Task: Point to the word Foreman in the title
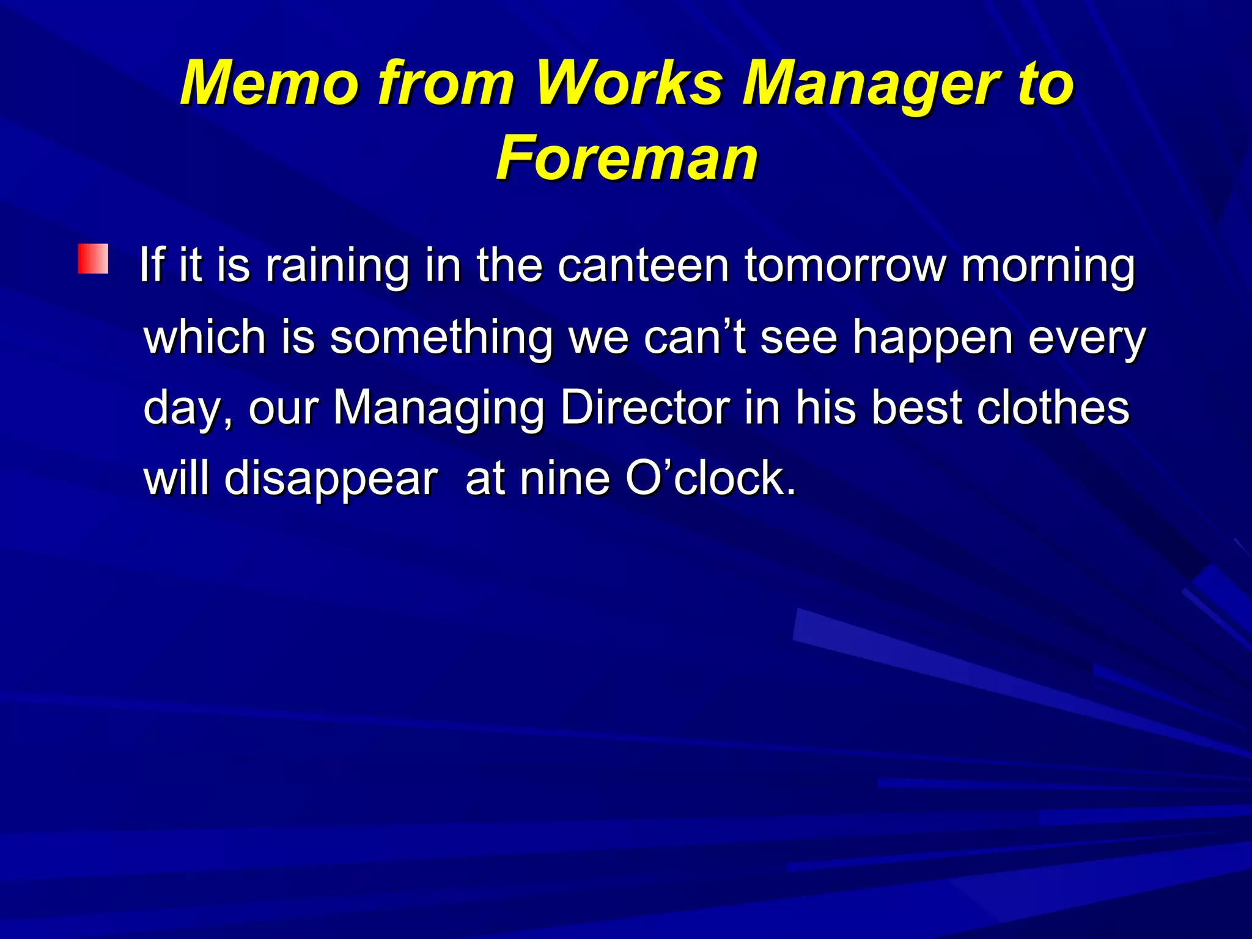click(x=627, y=158)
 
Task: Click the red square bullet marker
click(x=93, y=259)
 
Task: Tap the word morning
click(x=1048, y=267)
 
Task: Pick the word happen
click(x=933, y=338)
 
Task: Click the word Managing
click(x=438, y=408)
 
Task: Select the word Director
click(x=646, y=407)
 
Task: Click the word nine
click(x=564, y=478)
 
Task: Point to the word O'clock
click(x=711, y=478)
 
